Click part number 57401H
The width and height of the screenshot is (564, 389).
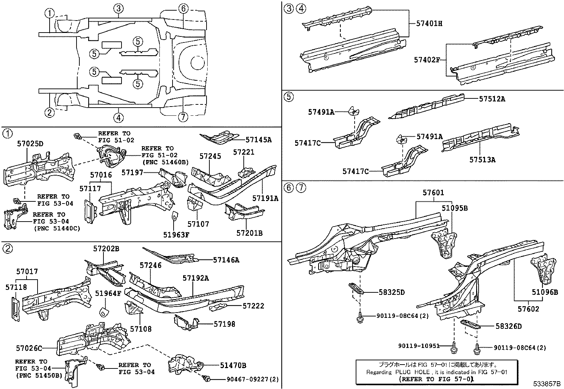click(x=429, y=24)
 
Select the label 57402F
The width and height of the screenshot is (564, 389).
click(x=426, y=60)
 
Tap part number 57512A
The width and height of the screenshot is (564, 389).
click(x=492, y=99)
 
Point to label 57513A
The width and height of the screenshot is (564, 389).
click(x=482, y=160)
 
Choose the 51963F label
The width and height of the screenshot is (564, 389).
click(x=176, y=234)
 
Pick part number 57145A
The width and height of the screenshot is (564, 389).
click(x=258, y=140)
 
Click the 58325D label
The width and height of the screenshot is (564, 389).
click(x=391, y=292)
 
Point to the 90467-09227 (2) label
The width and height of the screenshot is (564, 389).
click(x=252, y=379)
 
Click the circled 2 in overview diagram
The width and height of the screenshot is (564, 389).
click(x=50, y=113)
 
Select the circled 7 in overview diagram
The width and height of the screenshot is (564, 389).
click(x=183, y=117)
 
